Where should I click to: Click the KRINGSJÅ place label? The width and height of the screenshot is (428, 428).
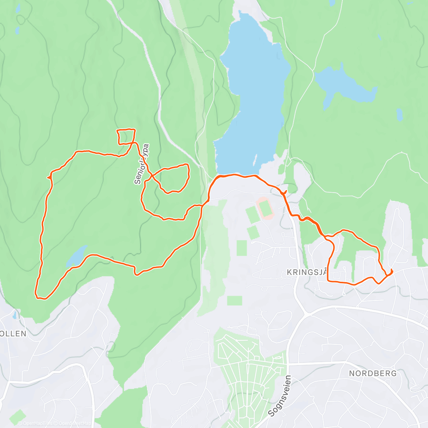[307, 272]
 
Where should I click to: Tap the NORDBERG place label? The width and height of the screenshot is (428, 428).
[372, 373]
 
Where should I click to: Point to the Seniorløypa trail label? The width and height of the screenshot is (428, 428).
[142, 164]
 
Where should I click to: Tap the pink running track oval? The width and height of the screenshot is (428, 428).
[265, 208]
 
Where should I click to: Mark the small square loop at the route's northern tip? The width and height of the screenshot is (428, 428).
[126, 137]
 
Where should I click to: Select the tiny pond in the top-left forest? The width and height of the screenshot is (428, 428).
[17, 30]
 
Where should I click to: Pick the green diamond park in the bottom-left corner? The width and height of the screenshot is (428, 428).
[17, 417]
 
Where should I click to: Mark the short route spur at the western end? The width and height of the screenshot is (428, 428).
[49, 176]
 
